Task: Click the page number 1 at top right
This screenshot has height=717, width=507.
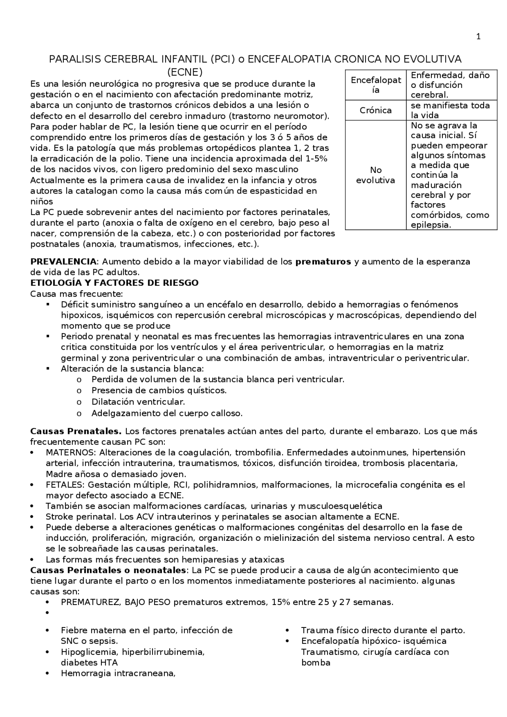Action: point(478,37)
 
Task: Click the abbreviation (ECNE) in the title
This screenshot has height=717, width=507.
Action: point(185,72)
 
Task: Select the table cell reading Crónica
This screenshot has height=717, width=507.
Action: point(375,110)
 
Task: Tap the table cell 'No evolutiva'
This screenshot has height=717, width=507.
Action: point(375,175)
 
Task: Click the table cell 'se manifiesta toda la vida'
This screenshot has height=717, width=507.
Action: point(450,110)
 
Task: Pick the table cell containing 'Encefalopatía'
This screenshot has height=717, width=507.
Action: point(375,85)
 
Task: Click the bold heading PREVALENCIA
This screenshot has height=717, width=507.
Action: point(63,262)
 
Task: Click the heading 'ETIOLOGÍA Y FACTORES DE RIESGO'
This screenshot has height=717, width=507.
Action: point(114,283)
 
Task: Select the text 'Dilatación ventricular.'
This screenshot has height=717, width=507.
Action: point(138,402)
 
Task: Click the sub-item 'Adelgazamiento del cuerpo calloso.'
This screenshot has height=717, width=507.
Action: point(167,413)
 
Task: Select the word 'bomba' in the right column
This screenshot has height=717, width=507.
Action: point(316,663)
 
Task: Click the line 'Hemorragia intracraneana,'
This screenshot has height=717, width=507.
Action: point(118,673)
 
